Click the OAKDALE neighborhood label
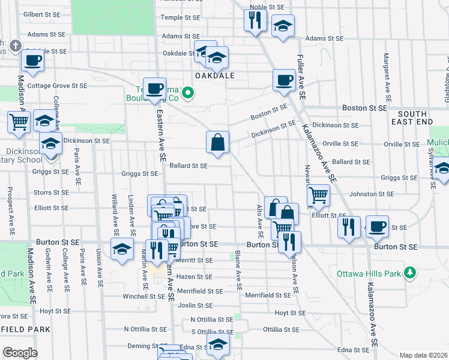213,76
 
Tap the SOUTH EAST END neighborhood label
412,118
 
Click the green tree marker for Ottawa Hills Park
411,273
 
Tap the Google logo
20,353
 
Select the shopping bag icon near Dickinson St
218,143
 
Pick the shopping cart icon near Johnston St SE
318,194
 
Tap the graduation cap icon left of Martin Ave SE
122,250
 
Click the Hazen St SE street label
194,277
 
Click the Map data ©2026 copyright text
423,355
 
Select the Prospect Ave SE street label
11,207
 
